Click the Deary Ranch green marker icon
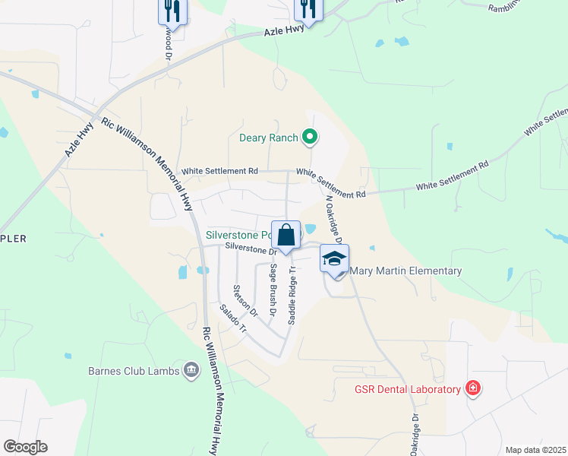click(x=310, y=138)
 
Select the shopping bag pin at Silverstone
click(x=286, y=235)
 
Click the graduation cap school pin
click(x=334, y=259)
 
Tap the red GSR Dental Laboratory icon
click(x=473, y=389)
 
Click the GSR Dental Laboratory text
click(x=408, y=390)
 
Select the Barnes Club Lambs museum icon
click(x=190, y=371)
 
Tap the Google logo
click(x=25, y=447)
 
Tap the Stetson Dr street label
click(x=245, y=300)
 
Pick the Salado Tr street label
click(x=232, y=319)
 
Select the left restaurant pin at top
click(x=172, y=11)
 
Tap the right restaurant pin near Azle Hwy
click(x=308, y=8)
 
